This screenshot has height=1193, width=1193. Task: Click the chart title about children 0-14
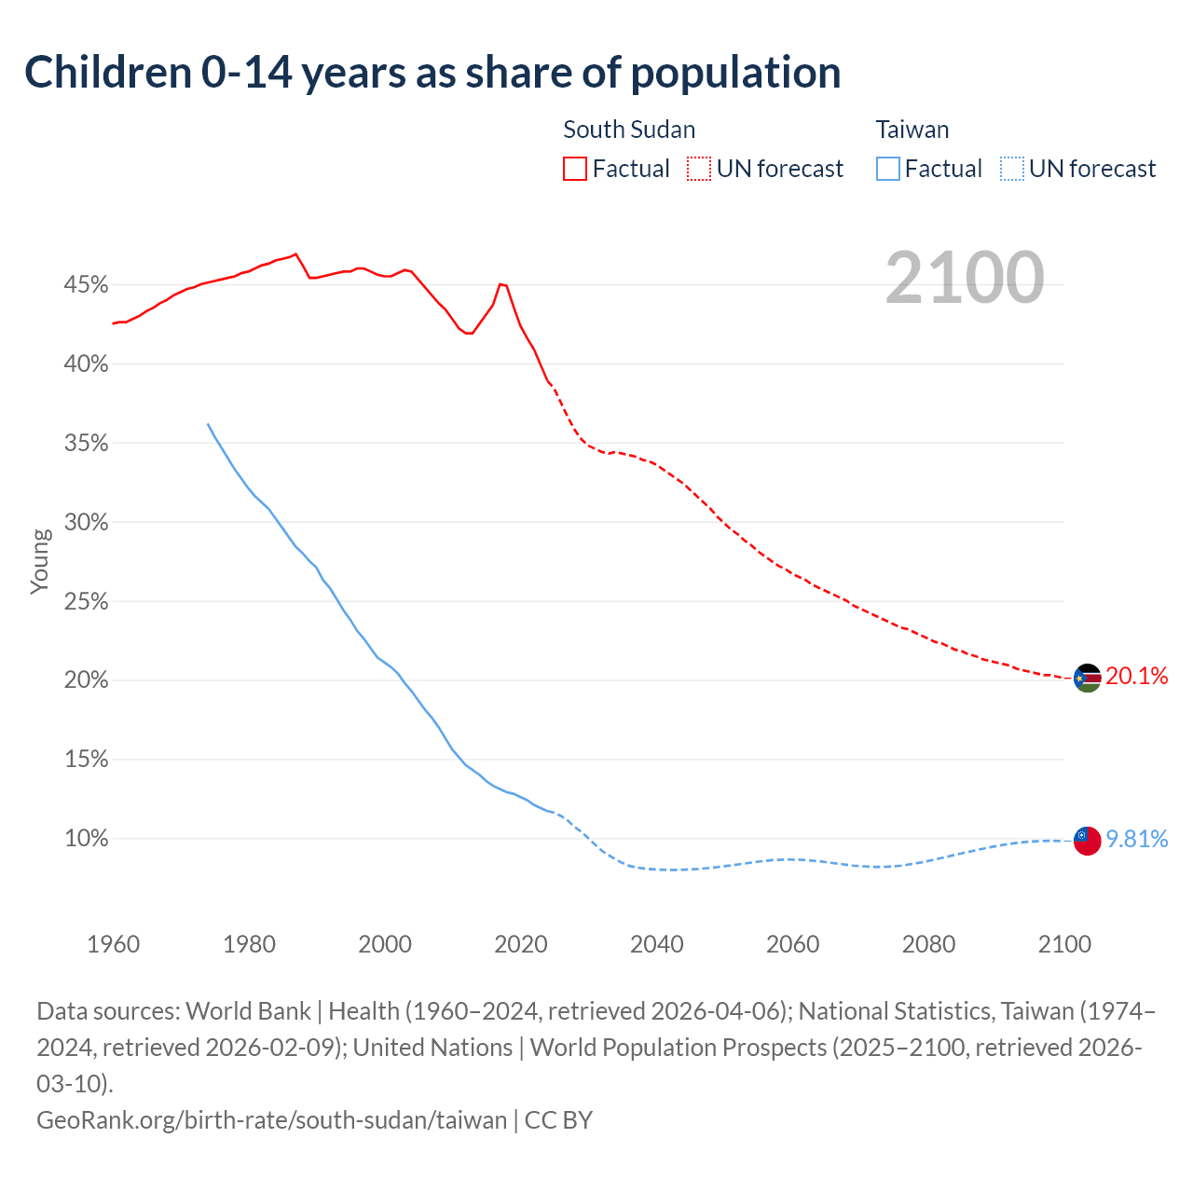point(432,73)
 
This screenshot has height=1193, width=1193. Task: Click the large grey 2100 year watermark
point(964,277)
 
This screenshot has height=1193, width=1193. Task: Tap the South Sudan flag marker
point(1087,678)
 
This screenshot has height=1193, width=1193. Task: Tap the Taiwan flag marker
point(1087,840)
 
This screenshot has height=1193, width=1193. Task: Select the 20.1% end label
point(1136,677)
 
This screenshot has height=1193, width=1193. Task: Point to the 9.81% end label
point(1136,839)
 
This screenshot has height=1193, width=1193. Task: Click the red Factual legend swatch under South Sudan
point(575,169)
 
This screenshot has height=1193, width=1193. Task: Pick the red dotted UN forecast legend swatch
point(699,169)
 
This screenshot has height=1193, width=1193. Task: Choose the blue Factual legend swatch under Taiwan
point(888,169)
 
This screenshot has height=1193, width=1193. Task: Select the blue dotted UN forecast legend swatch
point(1011,169)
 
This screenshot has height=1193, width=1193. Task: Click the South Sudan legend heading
point(629,130)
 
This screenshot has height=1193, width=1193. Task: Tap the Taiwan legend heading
point(912,130)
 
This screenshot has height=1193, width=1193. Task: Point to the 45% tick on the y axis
point(86,284)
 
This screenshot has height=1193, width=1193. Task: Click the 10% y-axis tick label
point(86,839)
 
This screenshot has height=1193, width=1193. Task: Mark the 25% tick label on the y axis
point(86,601)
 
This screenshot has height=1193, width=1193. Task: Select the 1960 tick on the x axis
point(114,944)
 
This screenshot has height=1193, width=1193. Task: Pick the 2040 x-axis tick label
point(657,944)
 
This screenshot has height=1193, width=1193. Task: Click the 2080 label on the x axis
point(928,944)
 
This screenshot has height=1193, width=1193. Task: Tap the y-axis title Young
point(40,561)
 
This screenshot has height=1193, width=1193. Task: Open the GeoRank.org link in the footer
point(271,1119)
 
